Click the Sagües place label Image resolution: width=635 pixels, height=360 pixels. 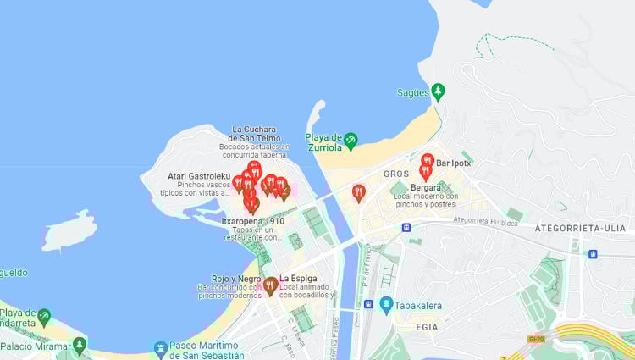coord(412,92)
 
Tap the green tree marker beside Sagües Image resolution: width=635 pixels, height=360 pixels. coord(438,91)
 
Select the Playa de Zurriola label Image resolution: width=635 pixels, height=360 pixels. coord(323,142)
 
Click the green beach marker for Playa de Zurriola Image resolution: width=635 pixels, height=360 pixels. coord(351,140)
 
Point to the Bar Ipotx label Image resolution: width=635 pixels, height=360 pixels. coord(454,162)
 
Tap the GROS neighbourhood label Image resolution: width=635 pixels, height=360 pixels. coord(395,174)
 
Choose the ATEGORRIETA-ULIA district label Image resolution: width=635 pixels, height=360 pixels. coord(580,228)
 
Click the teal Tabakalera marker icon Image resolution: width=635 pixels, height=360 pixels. coord(386,302)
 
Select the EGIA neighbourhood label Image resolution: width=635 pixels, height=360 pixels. coord(428,326)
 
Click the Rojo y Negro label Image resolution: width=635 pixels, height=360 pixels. coord(236,279)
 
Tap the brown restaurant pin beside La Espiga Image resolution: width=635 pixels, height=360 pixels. coord(270,285)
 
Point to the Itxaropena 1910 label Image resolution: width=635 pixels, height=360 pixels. coord(252,221)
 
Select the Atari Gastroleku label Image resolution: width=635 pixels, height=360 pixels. coord(199,176)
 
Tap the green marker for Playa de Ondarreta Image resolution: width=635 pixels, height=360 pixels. coord(44,315)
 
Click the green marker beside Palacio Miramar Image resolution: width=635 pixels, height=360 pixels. coord(80,344)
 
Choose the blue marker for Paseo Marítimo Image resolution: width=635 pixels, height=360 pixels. coord(160,347)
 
